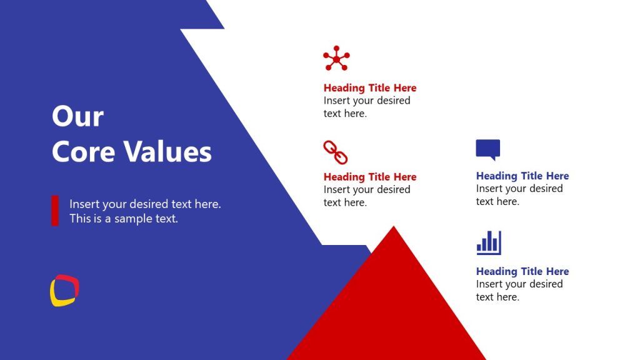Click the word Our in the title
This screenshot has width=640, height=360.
[77, 116]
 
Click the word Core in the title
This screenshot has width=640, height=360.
[82, 151]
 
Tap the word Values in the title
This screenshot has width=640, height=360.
[167, 151]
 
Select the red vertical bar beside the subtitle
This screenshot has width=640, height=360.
[55, 211]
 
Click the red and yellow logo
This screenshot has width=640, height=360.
[64, 291]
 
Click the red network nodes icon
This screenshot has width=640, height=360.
[336, 59]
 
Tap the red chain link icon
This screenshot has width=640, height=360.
[335, 152]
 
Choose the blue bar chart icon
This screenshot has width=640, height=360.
[489, 243]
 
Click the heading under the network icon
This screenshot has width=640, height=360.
[370, 88]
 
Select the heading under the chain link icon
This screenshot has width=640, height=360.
[370, 177]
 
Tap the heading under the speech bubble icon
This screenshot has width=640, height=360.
[522, 176]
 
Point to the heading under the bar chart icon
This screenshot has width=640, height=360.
[522, 271]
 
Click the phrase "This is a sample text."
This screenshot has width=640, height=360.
[124, 219]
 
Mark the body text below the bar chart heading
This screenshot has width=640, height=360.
[519, 291]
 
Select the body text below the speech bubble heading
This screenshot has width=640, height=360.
[519, 195]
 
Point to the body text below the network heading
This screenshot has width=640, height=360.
[367, 107]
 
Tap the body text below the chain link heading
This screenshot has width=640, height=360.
[367, 196]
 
